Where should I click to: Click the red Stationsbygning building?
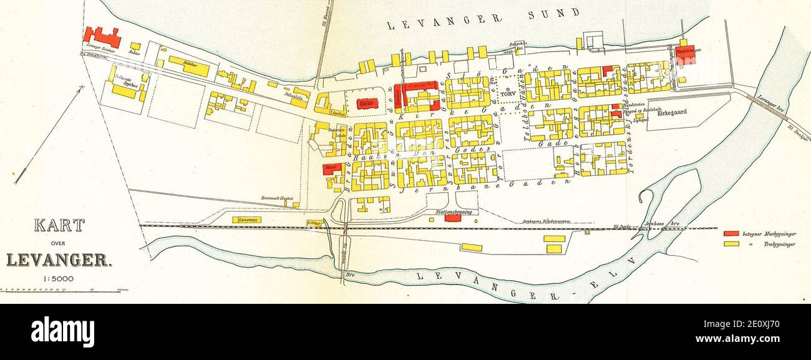pos(453,218)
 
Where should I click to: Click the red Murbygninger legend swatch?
pos(731,234)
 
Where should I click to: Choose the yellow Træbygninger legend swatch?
pos(731,243)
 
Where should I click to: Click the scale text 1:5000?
pos(58,279)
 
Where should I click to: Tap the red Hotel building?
pos(333,169)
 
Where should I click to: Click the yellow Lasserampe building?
pos(246,220)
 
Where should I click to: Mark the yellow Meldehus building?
pos(188,66)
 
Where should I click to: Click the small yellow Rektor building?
pos(135,46)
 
